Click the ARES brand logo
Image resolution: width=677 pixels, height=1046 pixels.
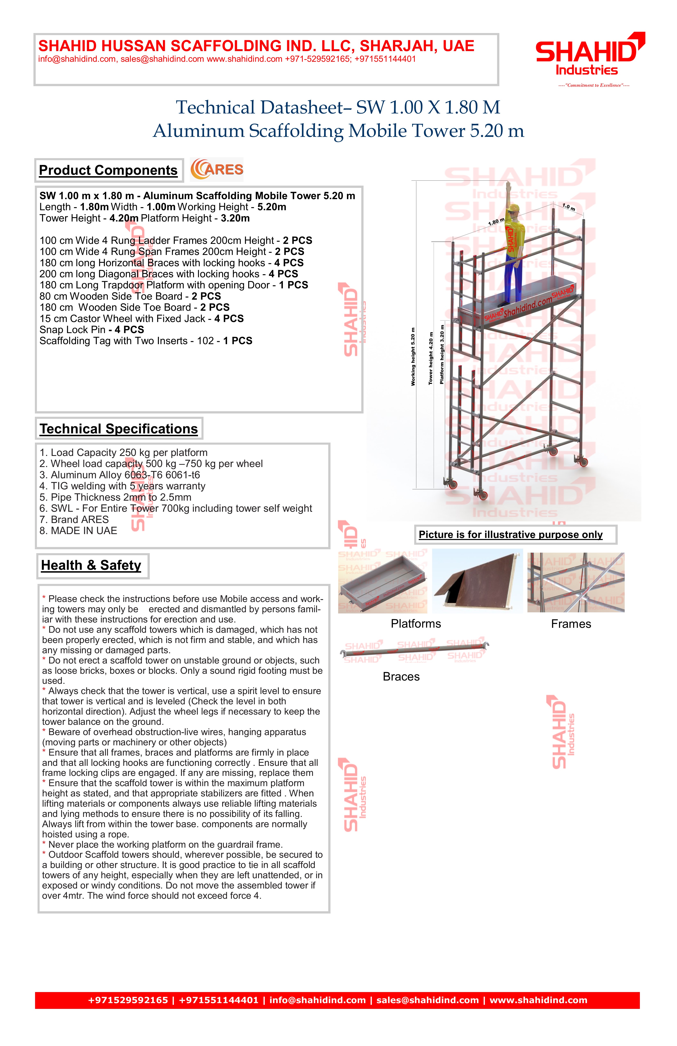(x=217, y=170)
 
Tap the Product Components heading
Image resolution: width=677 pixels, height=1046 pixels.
(x=108, y=170)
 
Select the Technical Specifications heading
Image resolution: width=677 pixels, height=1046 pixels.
(x=119, y=428)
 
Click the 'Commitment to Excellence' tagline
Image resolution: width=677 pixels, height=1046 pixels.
(x=594, y=85)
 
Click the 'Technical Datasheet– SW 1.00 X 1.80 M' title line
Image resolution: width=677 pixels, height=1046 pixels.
(x=338, y=107)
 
